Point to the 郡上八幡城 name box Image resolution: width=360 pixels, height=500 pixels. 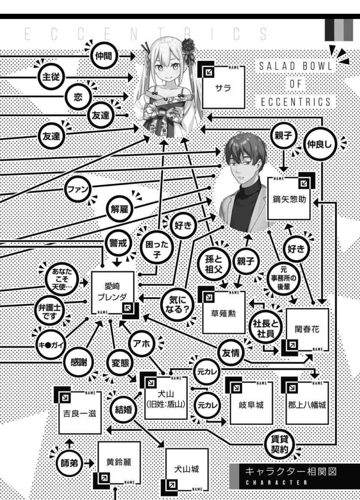point(307,404)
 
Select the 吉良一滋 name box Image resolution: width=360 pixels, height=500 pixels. point(80,412)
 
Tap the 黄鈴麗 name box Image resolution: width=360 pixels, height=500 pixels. point(119,463)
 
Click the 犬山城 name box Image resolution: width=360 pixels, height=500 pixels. point(186,469)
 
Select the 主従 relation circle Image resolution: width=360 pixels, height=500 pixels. point(51,76)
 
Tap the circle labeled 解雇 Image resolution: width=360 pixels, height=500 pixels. point(119,208)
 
